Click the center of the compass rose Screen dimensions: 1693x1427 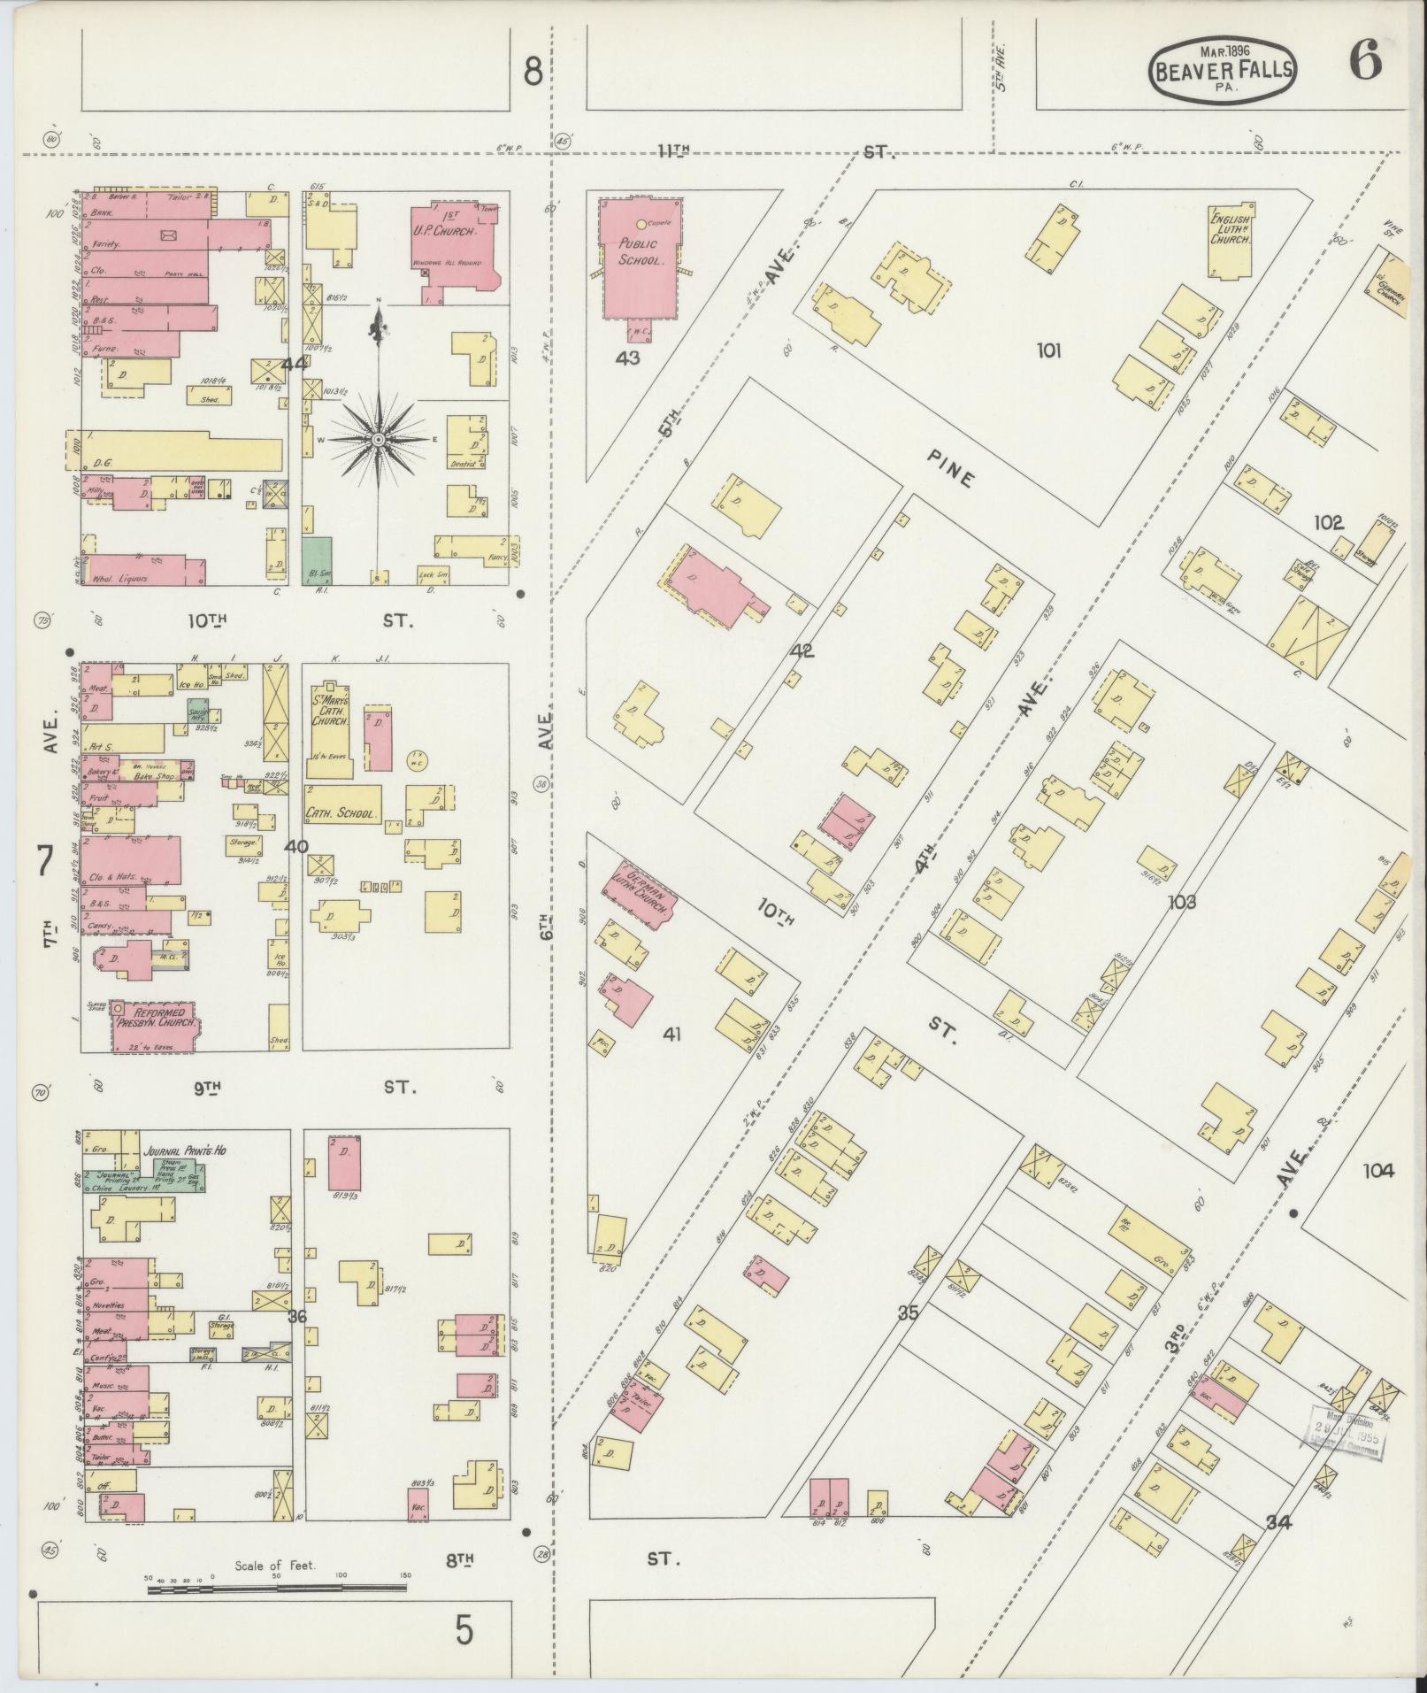(378, 439)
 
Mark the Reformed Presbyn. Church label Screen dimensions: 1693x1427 (157, 1017)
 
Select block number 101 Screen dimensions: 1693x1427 (1048, 351)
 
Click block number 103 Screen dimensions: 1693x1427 (1181, 902)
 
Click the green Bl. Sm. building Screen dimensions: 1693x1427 (317, 559)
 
